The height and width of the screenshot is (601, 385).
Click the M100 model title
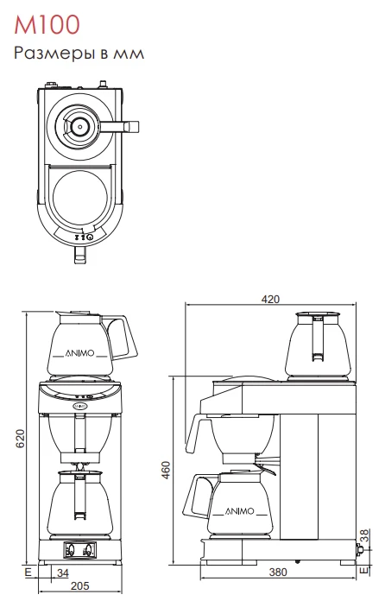click(47, 24)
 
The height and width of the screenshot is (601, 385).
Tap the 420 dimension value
click(270, 299)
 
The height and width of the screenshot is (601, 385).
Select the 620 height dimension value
click(20, 439)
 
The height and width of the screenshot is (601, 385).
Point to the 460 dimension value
click(166, 470)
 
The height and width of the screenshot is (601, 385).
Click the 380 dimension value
click(278, 573)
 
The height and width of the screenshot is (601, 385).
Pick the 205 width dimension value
click(79, 586)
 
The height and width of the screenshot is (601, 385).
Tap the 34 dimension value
click(63, 573)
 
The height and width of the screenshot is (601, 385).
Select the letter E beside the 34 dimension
click(28, 573)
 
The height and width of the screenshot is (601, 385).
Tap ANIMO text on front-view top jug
click(79, 353)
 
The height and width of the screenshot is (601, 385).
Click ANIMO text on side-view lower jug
click(239, 511)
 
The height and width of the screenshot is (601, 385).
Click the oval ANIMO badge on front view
click(79, 405)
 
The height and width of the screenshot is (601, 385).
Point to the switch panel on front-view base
click(79, 550)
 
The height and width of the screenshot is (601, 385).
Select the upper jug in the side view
click(318, 345)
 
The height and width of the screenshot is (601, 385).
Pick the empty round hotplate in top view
click(79, 197)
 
